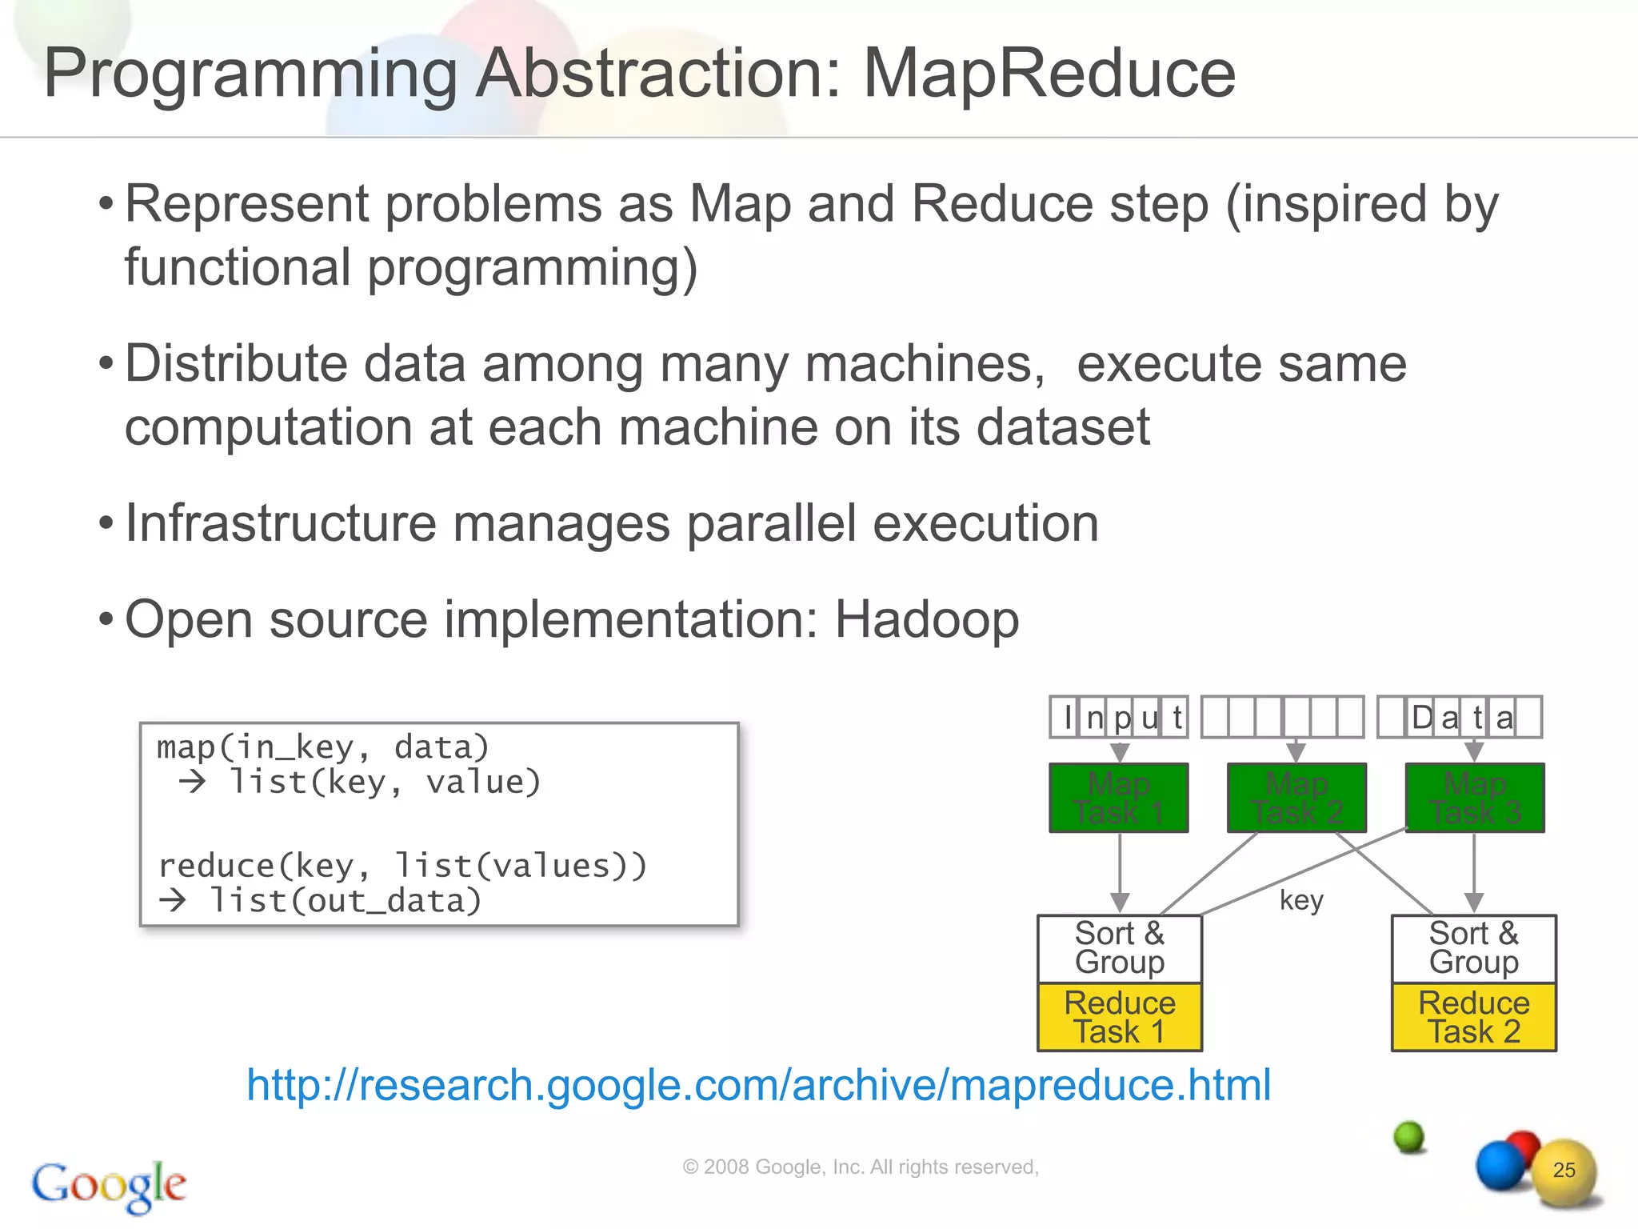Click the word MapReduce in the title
tap(1049, 74)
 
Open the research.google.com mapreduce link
tap(758, 1085)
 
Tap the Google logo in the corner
tap(109, 1185)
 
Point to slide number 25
tap(1564, 1170)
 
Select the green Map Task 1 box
tap(1118, 798)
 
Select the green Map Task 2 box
tap(1296, 798)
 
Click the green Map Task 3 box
tap(1474, 798)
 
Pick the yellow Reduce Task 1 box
tap(1119, 1017)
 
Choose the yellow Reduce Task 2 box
tap(1473, 1017)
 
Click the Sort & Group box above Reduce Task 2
tap(1473, 948)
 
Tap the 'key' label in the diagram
tap(1301, 900)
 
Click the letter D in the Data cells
tap(1422, 718)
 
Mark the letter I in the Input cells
tap(1067, 718)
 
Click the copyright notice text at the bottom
tap(860, 1167)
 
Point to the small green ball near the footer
tap(1409, 1136)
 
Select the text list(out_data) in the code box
tap(345, 902)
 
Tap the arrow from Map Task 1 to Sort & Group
tap(1120, 872)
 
